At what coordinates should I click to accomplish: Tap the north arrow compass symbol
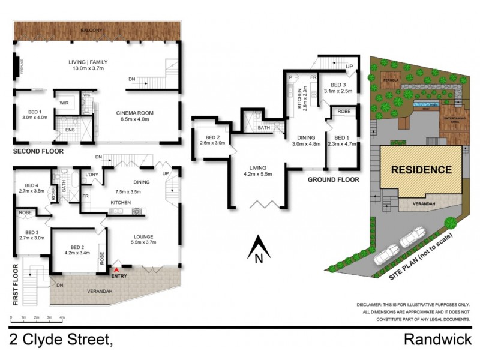tap(257, 249)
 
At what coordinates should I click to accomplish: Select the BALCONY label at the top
tap(97, 30)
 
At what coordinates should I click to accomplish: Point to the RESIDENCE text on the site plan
tap(421, 170)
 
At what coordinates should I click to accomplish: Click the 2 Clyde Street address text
tap(61, 340)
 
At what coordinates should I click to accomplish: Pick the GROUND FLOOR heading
tap(333, 179)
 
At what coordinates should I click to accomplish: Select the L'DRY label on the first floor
tap(92, 175)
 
